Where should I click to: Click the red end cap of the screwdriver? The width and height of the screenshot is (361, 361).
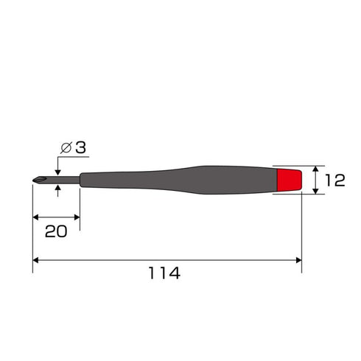coord(290,180)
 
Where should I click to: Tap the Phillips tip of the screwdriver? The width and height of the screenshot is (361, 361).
coord(39,180)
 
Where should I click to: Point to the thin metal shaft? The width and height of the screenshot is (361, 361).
coord(63,180)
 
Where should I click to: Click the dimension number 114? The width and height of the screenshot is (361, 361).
coord(164,273)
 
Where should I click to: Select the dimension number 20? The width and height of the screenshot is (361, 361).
coord(56,231)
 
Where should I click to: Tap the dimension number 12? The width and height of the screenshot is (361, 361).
coord(335,180)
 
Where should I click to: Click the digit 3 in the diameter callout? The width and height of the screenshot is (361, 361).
coord(80,147)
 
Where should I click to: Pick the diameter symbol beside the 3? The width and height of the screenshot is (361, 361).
coord(66,148)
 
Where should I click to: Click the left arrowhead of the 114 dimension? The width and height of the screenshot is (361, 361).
coord(35,260)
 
